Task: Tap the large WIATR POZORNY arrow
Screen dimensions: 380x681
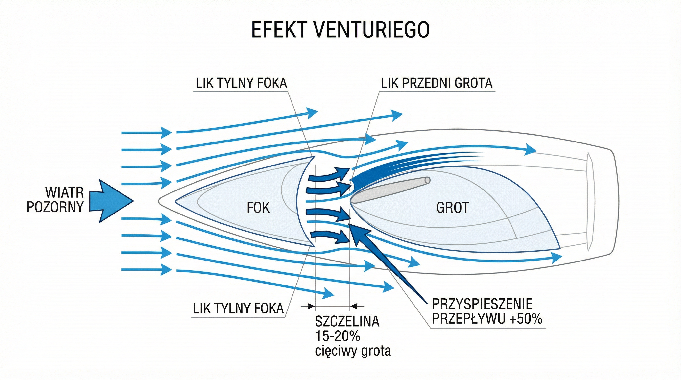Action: pyautogui.click(x=111, y=201)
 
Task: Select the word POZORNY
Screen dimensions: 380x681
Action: pyautogui.click(x=55, y=207)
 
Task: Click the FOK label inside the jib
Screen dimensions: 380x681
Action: pyautogui.click(x=258, y=208)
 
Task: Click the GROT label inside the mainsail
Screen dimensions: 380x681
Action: pyautogui.click(x=453, y=208)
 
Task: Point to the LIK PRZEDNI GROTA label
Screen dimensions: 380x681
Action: pyautogui.click(x=437, y=83)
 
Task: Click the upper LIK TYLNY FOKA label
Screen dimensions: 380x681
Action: pyautogui.click(x=241, y=83)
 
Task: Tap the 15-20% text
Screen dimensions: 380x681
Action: pyautogui.click(x=338, y=336)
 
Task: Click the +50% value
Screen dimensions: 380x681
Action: pyautogui.click(x=526, y=319)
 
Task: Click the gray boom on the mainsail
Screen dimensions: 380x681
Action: pyautogui.click(x=391, y=190)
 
